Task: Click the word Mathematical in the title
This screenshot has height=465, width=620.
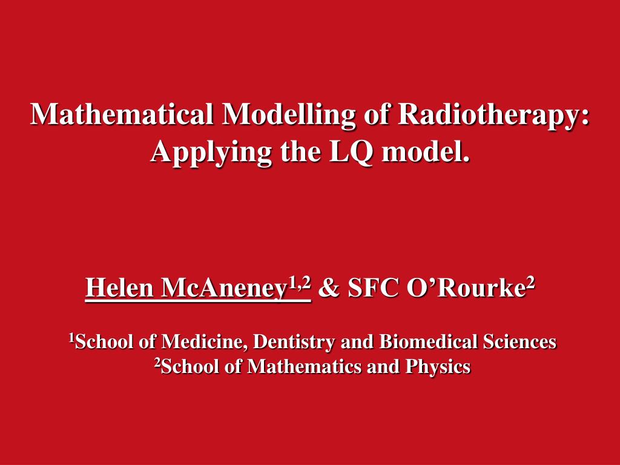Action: point(122,114)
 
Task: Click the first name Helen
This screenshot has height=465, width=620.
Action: point(120,288)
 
